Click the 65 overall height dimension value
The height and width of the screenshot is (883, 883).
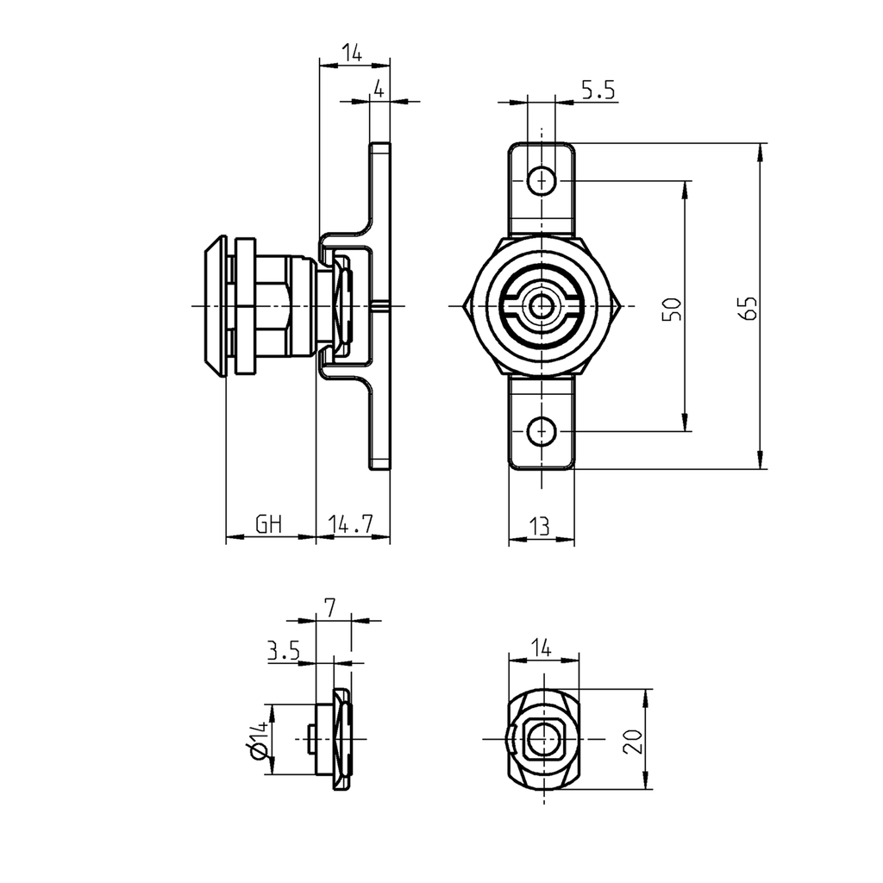749,308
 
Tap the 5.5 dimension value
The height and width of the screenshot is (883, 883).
597,91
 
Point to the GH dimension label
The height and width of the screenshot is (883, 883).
269,523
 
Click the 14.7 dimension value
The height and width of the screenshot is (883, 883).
351,523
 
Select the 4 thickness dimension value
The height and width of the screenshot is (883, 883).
378,88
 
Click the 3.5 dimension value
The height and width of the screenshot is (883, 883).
283,651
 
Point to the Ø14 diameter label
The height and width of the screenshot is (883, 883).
257,741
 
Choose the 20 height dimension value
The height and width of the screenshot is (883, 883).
634,740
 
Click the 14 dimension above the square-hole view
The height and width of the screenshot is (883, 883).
541,648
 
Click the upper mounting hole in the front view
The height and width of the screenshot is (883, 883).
541,181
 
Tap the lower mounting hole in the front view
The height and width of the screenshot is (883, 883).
541,429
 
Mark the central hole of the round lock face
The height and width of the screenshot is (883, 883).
542,306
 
